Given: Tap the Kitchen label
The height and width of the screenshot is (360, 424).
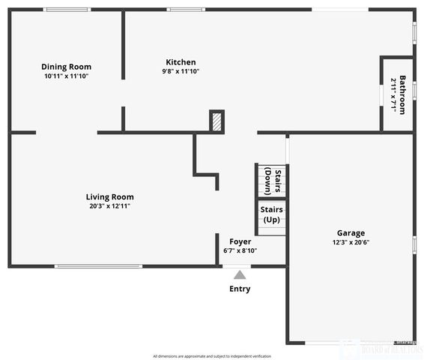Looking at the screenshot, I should [x=181, y=62].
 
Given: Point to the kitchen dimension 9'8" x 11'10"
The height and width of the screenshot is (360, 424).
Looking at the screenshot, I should [x=181, y=71].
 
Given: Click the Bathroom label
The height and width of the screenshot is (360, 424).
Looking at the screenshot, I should [x=402, y=94].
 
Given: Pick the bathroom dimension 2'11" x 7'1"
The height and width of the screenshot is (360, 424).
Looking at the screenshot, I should [x=393, y=95].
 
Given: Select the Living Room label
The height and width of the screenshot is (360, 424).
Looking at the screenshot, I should [x=109, y=196].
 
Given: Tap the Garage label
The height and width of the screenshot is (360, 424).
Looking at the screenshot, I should [x=351, y=232].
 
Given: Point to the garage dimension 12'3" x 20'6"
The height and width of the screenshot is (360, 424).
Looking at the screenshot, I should [x=351, y=242].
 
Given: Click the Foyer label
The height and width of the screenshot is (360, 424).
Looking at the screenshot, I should [x=240, y=241].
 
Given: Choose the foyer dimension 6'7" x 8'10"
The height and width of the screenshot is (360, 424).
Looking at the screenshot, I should [x=240, y=250].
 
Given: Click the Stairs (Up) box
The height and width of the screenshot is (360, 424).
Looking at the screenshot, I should [x=271, y=215].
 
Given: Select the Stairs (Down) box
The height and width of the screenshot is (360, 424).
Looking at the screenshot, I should [x=272, y=181].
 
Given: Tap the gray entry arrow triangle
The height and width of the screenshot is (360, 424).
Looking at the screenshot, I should [x=240, y=274].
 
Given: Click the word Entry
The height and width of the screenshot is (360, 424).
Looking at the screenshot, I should [x=240, y=289].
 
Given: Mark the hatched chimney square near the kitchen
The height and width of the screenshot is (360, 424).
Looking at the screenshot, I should [x=216, y=121].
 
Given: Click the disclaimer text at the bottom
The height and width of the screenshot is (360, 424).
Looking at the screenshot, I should [x=212, y=355].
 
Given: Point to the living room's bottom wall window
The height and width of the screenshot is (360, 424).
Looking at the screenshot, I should [x=98, y=265].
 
